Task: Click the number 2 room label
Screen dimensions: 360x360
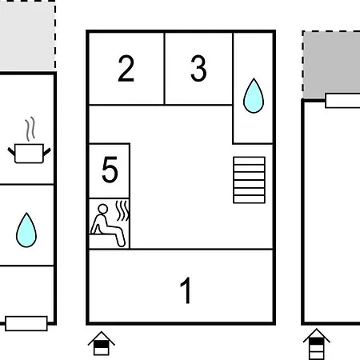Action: click(126, 68)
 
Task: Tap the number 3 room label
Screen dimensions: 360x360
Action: click(198, 68)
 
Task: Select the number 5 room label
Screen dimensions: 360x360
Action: click(110, 170)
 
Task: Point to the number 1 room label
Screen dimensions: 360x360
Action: click(186, 290)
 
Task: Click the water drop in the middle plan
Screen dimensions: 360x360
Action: click(254, 96)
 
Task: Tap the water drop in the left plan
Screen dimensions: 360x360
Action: click(26, 230)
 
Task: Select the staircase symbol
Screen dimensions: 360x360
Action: click(249, 180)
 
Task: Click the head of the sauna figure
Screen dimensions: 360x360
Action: click(102, 209)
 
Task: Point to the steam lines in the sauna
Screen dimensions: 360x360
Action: click(122, 211)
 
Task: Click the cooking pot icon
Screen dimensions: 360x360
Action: click(29, 153)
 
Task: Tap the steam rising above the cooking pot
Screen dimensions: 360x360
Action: click(30, 129)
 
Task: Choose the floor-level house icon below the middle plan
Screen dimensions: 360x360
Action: click(102, 343)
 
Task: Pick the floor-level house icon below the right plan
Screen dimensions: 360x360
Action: click(317, 344)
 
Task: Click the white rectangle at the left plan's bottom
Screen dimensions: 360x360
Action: click(26, 323)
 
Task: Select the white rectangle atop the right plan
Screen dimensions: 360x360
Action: click(342, 101)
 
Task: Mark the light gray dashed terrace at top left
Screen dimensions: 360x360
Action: click(27, 35)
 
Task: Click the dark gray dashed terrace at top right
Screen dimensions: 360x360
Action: click(331, 64)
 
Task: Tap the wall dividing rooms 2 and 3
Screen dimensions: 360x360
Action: click(165, 69)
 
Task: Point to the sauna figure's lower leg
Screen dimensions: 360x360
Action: click(121, 238)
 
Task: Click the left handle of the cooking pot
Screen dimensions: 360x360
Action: click(11, 151)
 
